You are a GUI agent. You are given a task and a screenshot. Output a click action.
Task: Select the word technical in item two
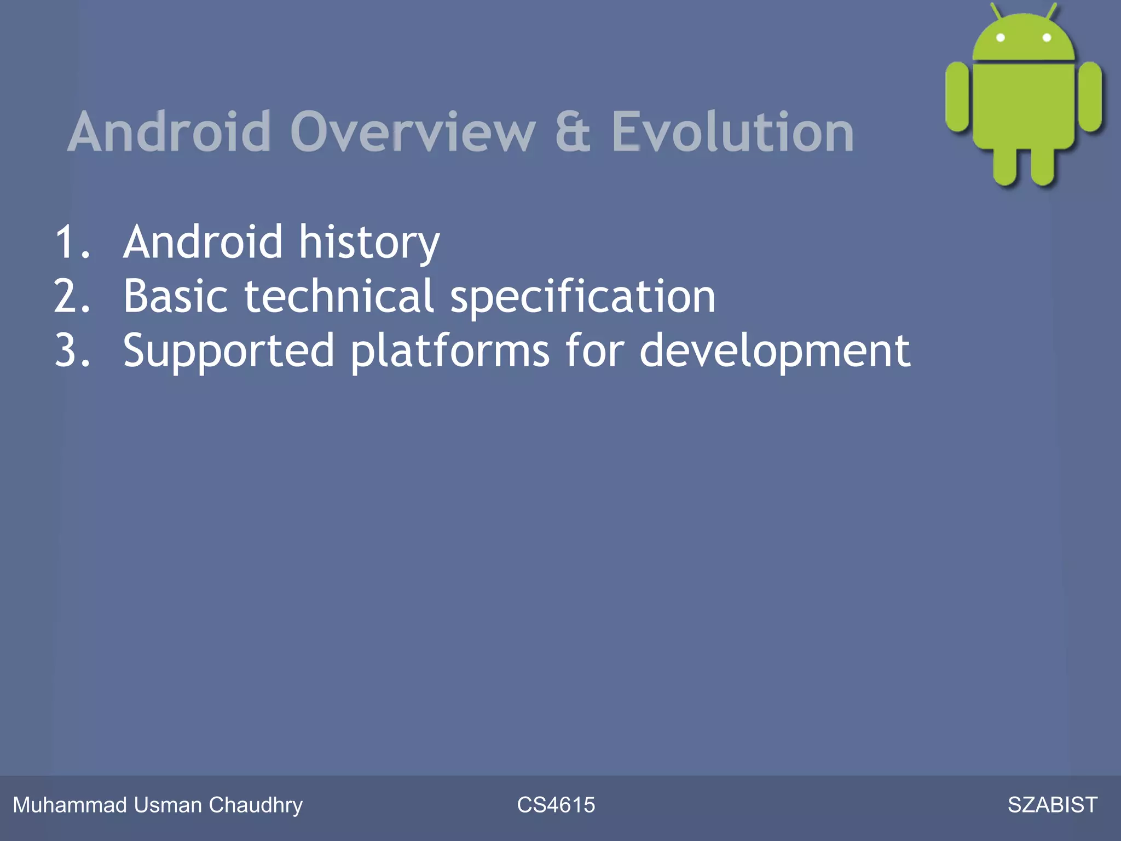pyautogui.click(x=339, y=296)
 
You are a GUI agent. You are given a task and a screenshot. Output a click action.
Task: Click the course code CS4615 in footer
pyautogui.click(x=556, y=805)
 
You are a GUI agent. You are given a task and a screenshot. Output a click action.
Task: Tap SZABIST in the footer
pyautogui.click(x=1052, y=805)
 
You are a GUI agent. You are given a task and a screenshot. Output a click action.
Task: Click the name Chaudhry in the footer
pyautogui.click(x=255, y=805)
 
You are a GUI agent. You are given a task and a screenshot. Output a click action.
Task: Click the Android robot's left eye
pyautogui.click(x=1001, y=38)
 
